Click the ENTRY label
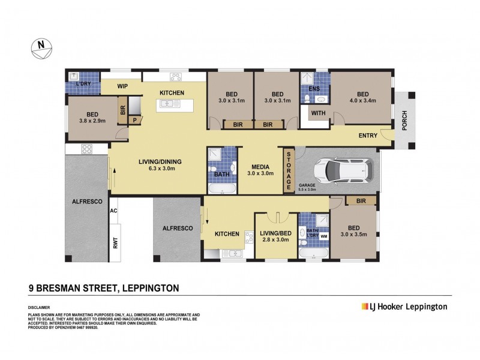(368, 136)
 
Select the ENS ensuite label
(314, 89)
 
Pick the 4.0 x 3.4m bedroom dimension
(362, 101)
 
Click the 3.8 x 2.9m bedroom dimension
(92, 121)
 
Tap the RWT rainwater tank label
(113, 242)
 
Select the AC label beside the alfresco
(113, 211)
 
